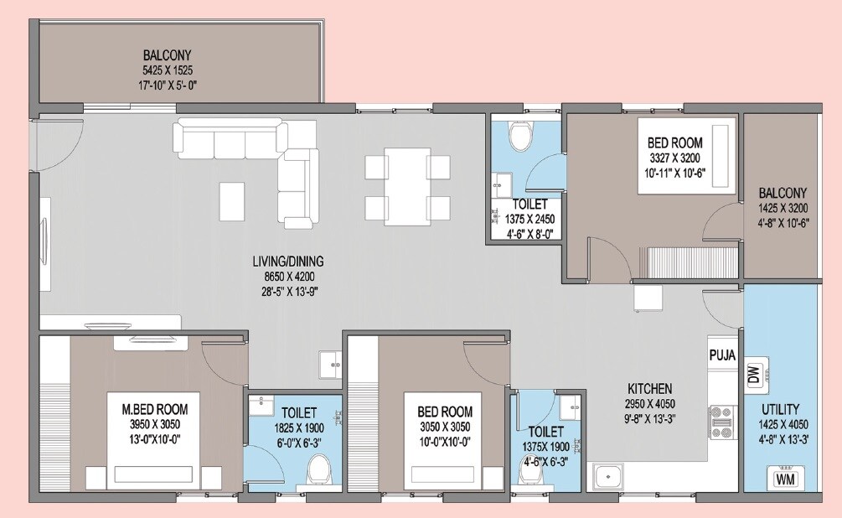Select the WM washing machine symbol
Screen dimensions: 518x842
(x=785, y=479)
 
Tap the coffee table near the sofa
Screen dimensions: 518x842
(x=232, y=201)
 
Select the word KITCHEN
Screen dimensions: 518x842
(x=650, y=389)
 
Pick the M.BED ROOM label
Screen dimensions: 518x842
(x=155, y=410)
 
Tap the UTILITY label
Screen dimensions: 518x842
(x=780, y=410)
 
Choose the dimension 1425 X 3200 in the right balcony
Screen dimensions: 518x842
(x=783, y=208)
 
